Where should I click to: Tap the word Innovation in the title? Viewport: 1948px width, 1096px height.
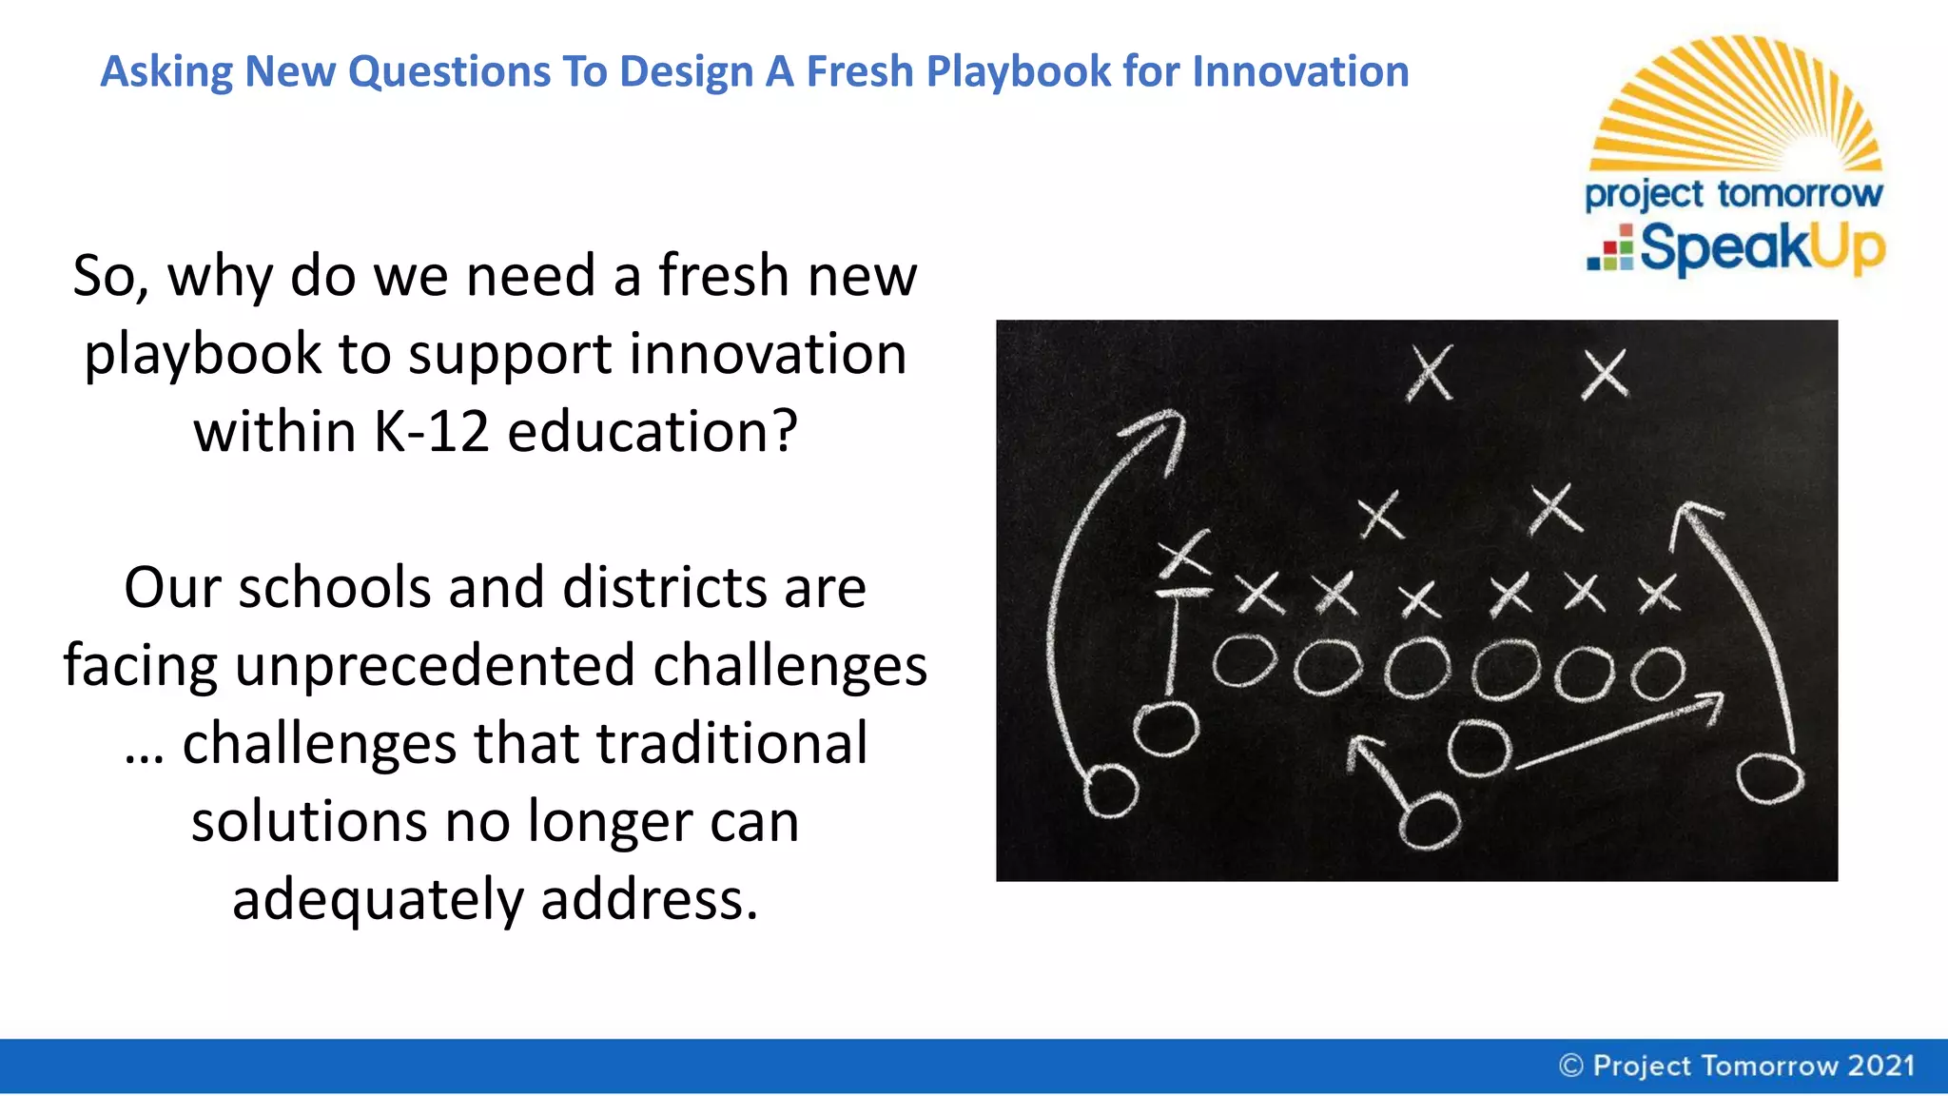(1300, 72)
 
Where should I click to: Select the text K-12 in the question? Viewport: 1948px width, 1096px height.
(432, 432)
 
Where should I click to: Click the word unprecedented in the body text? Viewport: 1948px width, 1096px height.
(435, 666)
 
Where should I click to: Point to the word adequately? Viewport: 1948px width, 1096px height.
(378, 900)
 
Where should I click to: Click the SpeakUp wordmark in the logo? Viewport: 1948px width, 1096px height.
(1762, 248)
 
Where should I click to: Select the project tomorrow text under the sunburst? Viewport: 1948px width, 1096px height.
(1733, 194)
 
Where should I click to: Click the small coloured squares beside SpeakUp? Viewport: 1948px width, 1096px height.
(1610, 248)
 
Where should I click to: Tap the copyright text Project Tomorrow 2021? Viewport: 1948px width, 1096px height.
(1737, 1066)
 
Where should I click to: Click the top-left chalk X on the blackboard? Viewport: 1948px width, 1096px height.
(1430, 373)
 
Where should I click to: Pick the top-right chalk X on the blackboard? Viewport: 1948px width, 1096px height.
(1605, 373)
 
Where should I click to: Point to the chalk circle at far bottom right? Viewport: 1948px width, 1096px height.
(1769, 778)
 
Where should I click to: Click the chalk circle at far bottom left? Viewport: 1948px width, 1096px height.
(1111, 791)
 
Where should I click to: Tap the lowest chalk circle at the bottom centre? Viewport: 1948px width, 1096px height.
(1429, 821)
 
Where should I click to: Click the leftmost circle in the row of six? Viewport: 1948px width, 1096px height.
(1244, 660)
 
